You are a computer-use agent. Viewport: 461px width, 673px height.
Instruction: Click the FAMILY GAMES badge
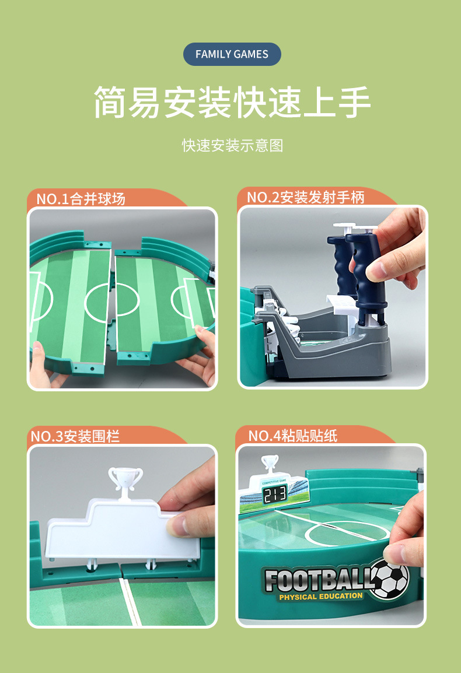[x=232, y=54]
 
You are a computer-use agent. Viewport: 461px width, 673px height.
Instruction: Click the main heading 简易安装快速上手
[x=232, y=103]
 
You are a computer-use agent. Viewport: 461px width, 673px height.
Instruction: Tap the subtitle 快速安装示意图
[x=232, y=145]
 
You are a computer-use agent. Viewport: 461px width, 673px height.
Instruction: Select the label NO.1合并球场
[x=81, y=199]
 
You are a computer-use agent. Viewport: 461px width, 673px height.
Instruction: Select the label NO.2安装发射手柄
[x=305, y=197]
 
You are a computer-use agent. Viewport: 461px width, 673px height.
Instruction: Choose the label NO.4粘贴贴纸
[x=292, y=436]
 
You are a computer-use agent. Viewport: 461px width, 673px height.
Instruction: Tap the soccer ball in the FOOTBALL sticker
[x=390, y=579]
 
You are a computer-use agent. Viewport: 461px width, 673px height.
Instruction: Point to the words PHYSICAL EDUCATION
[x=320, y=597]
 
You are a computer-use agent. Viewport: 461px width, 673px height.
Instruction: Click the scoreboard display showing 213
[x=274, y=495]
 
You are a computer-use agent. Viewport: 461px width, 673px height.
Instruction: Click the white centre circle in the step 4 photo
[x=348, y=532]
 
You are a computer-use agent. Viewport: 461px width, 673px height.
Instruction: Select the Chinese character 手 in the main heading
[x=354, y=103]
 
